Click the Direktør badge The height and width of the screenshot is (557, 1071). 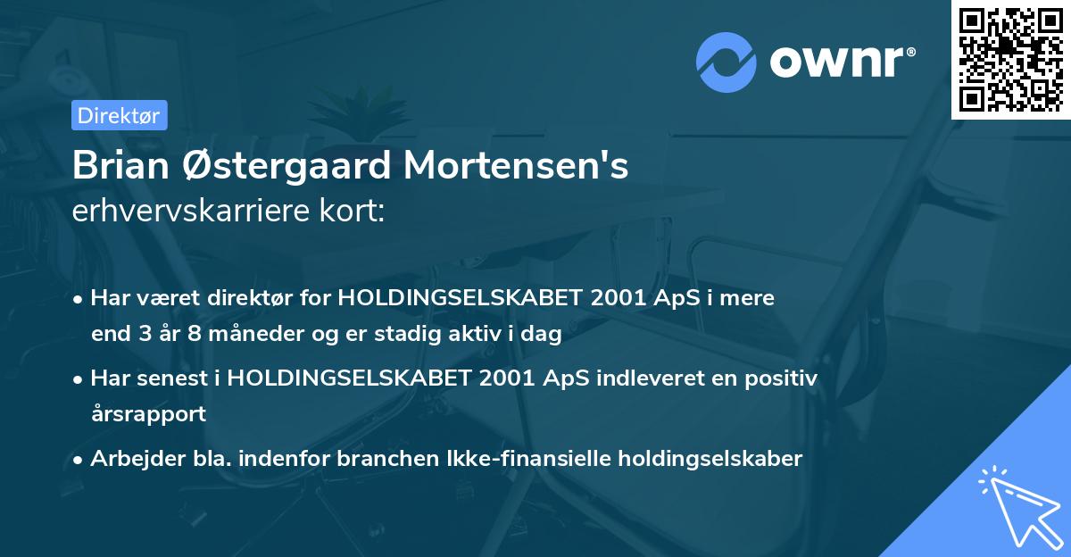118,115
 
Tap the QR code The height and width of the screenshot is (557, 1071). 1010,59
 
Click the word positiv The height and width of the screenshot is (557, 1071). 779,378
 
